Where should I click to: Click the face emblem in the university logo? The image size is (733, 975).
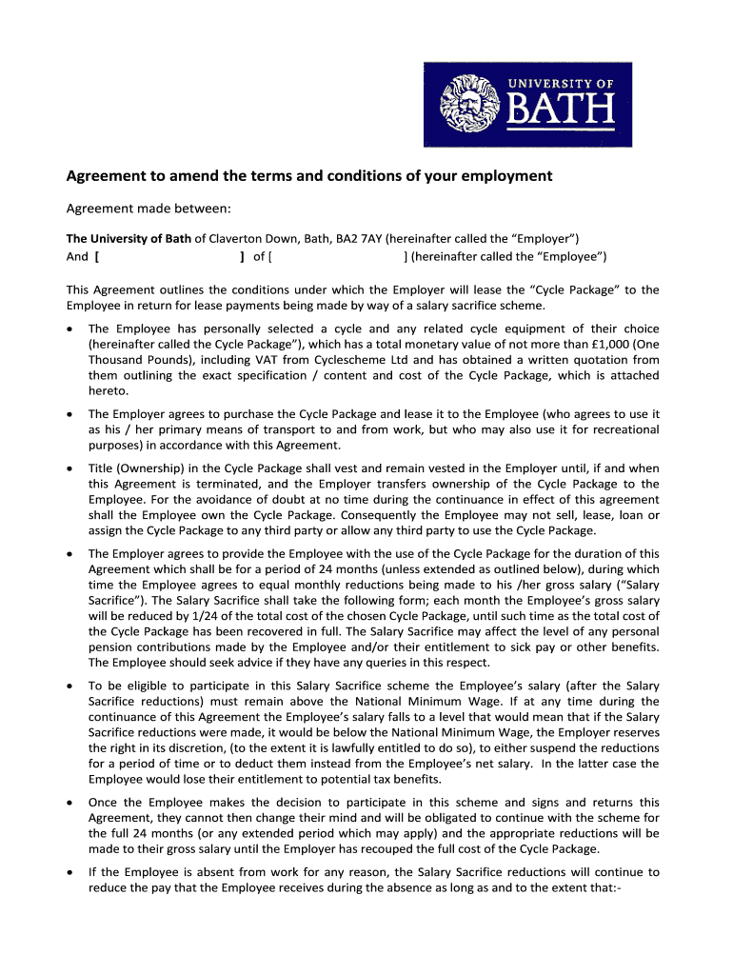(473, 106)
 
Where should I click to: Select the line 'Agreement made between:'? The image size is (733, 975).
(149, 209)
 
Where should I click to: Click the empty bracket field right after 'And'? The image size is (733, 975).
(170, 257)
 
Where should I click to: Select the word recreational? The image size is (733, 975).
(622, 429)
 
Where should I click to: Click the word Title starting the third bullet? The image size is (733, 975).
(102, 468)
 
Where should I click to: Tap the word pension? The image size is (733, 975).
(110, 647)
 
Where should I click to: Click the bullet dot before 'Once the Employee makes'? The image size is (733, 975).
(69, 803)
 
